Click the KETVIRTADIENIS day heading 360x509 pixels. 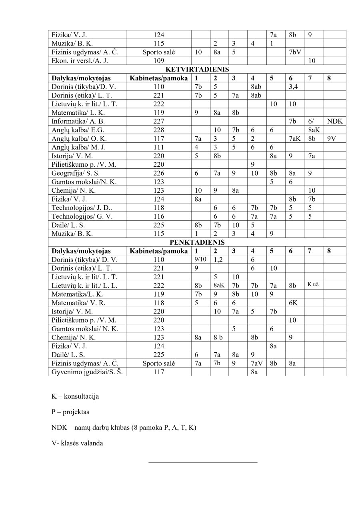(x=197, y=70)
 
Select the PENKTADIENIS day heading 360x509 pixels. (x=197, y=242)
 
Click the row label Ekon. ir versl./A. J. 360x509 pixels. (x=80, y=61)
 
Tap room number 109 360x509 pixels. (x=159, y=61)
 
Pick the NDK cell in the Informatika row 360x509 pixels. (x=334, y=121)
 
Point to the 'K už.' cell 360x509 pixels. (x=313, y=285)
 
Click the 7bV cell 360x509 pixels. (x=295, y=52)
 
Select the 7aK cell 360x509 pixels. (x=295, y=138)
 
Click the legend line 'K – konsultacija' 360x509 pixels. (x=75, y=397)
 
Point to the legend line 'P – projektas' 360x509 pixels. (x=70, y=412)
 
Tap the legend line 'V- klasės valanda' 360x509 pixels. (x=77, y=443)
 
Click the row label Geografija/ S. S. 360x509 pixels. (x=76, y=173)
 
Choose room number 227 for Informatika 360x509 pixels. (x=159, y=121)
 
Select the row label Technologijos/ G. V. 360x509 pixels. (x=82, y=216)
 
